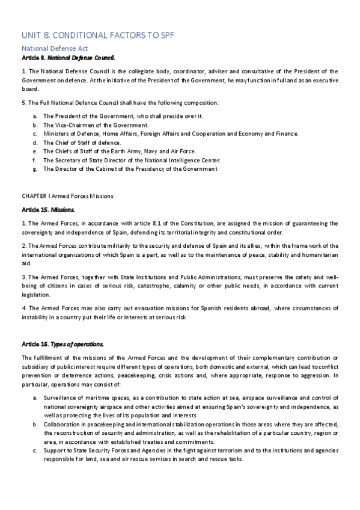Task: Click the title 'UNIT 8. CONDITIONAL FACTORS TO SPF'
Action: click(97, 35)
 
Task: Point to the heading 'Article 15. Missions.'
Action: click(49, 210)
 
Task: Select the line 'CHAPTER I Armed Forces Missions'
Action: click(67, 196)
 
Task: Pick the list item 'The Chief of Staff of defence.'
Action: click(82, 143)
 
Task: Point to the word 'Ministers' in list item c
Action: click(56, 134)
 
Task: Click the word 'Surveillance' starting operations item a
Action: click(62, 398)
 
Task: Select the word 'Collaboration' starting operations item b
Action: click(63, 424)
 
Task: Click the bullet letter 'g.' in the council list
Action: click(37, 169)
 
